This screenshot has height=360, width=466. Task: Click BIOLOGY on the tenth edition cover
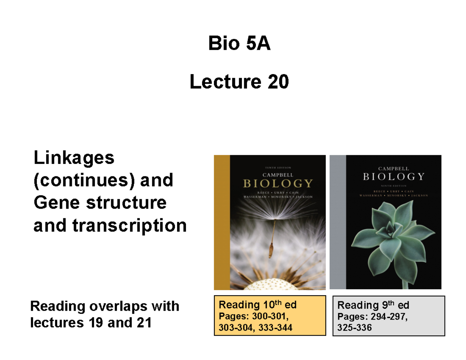[x=277, y=183]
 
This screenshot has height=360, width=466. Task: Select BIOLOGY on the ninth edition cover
[x=393, y=177]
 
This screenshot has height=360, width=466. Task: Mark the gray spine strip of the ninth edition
[x=337, y=222]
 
